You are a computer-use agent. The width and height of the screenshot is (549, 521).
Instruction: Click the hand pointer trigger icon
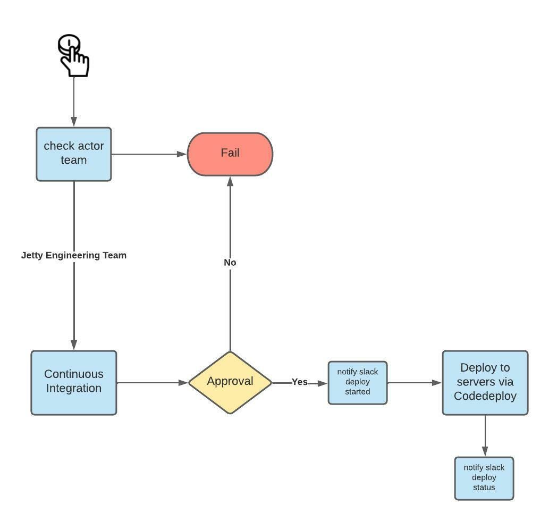(73, 56)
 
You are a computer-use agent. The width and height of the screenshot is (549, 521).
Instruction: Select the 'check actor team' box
(73, 154)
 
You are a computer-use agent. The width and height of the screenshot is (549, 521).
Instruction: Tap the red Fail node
(230, 154)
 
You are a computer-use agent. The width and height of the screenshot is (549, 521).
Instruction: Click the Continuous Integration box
(73, 382)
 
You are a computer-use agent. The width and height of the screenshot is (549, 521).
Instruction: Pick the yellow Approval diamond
(230, 382)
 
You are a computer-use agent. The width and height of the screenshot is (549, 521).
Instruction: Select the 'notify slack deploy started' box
(357, 382)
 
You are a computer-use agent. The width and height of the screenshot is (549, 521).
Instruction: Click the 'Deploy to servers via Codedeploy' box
(485, 382)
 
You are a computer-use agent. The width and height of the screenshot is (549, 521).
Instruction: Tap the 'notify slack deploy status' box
(484, 478)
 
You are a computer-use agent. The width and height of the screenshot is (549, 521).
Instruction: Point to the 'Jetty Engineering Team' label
(73, 256)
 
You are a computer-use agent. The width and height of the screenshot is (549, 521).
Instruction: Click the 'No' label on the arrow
(230, 263)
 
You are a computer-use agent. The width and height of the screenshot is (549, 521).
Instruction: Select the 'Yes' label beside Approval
(299, 382)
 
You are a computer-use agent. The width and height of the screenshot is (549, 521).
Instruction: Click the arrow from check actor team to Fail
(149, 154)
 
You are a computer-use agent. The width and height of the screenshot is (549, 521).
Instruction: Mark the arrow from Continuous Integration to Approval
(152, 382)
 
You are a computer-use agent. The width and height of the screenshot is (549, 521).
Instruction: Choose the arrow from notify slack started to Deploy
(415, 382)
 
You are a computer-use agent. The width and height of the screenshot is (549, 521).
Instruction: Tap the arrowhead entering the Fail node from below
(230, 181)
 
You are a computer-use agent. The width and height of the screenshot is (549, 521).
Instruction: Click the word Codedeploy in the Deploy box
(485, 396)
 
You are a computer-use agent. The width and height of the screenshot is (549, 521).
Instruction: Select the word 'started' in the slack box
(357, 392)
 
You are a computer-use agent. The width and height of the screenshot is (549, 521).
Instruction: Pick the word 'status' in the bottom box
(484, 488)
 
